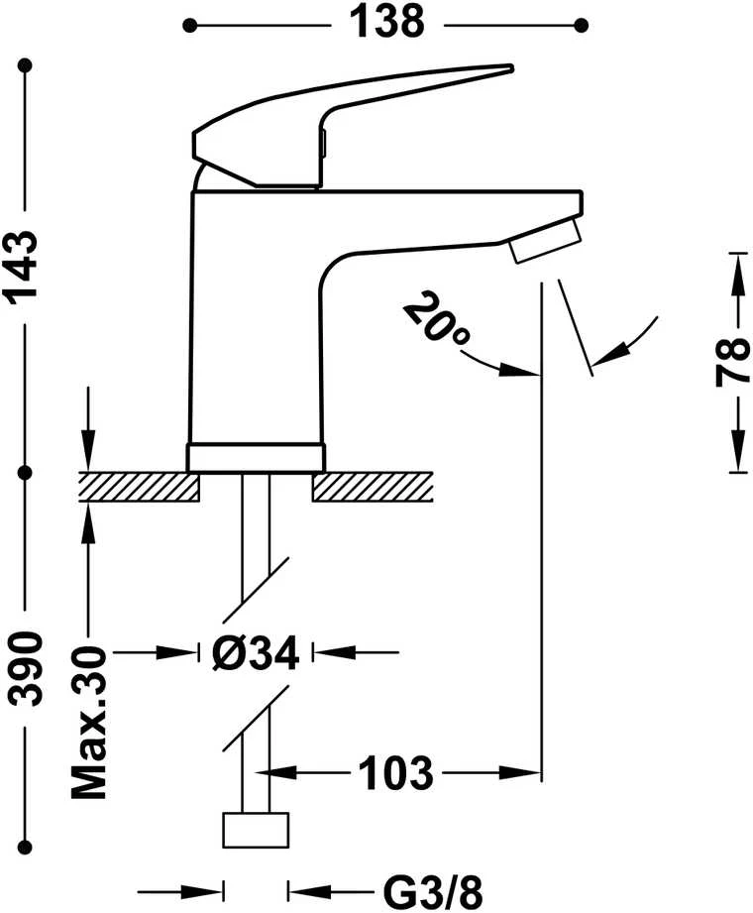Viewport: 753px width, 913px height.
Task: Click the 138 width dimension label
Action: (386, 23)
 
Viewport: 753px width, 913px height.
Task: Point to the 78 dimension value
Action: (732, 362)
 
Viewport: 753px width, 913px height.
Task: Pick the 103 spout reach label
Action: (395, 773)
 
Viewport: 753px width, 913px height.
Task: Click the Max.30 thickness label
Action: (89, 722)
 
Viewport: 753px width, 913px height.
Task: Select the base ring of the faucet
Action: (255, 458)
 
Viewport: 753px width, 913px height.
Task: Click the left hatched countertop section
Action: (139, 487)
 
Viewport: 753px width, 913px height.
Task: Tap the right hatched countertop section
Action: (373, 487)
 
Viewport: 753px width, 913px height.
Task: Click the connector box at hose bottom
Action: (256, 830)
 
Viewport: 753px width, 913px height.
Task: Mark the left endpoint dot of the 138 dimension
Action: (189, 25)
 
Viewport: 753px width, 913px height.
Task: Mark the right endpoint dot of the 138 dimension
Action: (581, 25)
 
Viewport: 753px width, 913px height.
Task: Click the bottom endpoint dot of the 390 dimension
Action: (25, 847)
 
